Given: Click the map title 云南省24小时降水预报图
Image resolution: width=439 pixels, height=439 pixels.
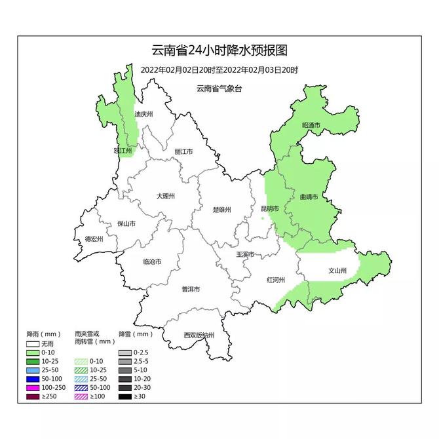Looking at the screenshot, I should coord(220,51).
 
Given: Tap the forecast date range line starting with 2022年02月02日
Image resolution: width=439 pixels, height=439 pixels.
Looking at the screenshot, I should coord(220,69).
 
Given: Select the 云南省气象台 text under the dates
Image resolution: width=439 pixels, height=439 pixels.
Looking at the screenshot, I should coord(219,88).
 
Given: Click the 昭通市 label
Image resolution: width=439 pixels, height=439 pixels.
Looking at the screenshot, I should coord(311,125).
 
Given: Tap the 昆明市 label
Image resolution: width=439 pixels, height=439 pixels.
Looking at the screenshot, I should coord(269,209).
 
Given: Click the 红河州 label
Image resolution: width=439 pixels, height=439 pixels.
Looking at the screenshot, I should coord(275,280).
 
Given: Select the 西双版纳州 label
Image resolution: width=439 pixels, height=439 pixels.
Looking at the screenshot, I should coord(199,335).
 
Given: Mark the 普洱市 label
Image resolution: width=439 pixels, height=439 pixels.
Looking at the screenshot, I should coord(191,289).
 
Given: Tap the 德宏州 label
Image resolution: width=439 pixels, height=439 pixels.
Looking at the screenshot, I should coord(94,239).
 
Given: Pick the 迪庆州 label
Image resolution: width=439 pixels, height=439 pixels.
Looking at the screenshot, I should coord(143,114).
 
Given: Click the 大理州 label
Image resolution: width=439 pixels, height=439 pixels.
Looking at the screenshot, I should coord(166,196).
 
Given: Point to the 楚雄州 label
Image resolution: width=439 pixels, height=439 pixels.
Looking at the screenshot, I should coord(222,210).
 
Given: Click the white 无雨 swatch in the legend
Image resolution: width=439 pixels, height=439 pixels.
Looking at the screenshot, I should coord(33,343).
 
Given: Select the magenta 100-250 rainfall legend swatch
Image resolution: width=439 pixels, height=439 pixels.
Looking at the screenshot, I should coord(33,388).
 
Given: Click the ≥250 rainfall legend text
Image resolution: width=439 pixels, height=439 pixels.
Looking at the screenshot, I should coord(48,397).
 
